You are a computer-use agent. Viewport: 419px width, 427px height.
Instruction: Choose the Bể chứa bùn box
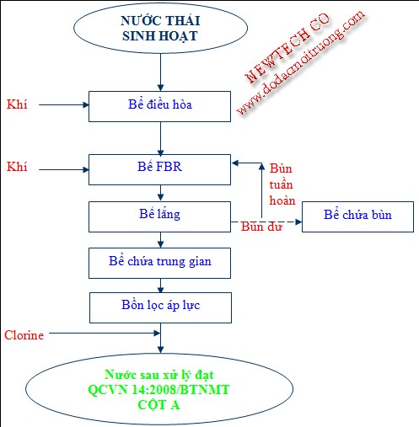point(358,216)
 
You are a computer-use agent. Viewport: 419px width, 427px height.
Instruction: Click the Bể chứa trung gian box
point(160,262)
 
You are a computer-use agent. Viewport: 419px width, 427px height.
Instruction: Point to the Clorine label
point(24,335)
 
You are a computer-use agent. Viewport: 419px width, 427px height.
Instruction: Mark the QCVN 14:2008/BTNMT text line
point(158,390)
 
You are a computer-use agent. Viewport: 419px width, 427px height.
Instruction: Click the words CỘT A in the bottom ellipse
point(158,404)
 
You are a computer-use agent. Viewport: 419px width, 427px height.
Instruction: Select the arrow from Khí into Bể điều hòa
point(63,106)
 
